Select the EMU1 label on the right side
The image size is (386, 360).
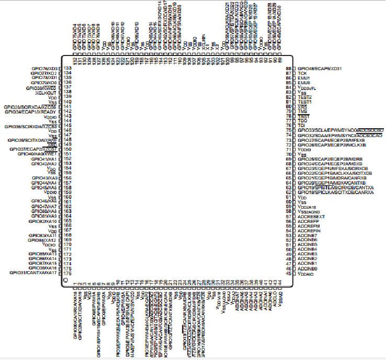pos(304,78)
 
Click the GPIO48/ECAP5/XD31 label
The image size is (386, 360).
pos(319,69)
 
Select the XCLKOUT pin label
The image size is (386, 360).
pos(46,93)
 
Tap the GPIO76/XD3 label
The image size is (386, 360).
pos(44,69)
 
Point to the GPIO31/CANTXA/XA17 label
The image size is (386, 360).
pos(33,273)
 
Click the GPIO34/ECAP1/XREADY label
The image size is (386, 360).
pos(30,111)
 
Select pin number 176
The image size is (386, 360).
pos(67,273)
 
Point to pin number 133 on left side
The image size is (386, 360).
pos(67,69)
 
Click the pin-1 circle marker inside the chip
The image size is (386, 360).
pos(65,282)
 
